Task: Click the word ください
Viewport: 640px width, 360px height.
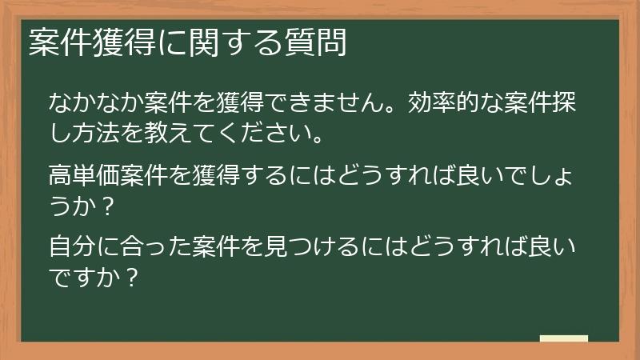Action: pos(262,129)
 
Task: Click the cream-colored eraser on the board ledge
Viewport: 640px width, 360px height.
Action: pos(564,338)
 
